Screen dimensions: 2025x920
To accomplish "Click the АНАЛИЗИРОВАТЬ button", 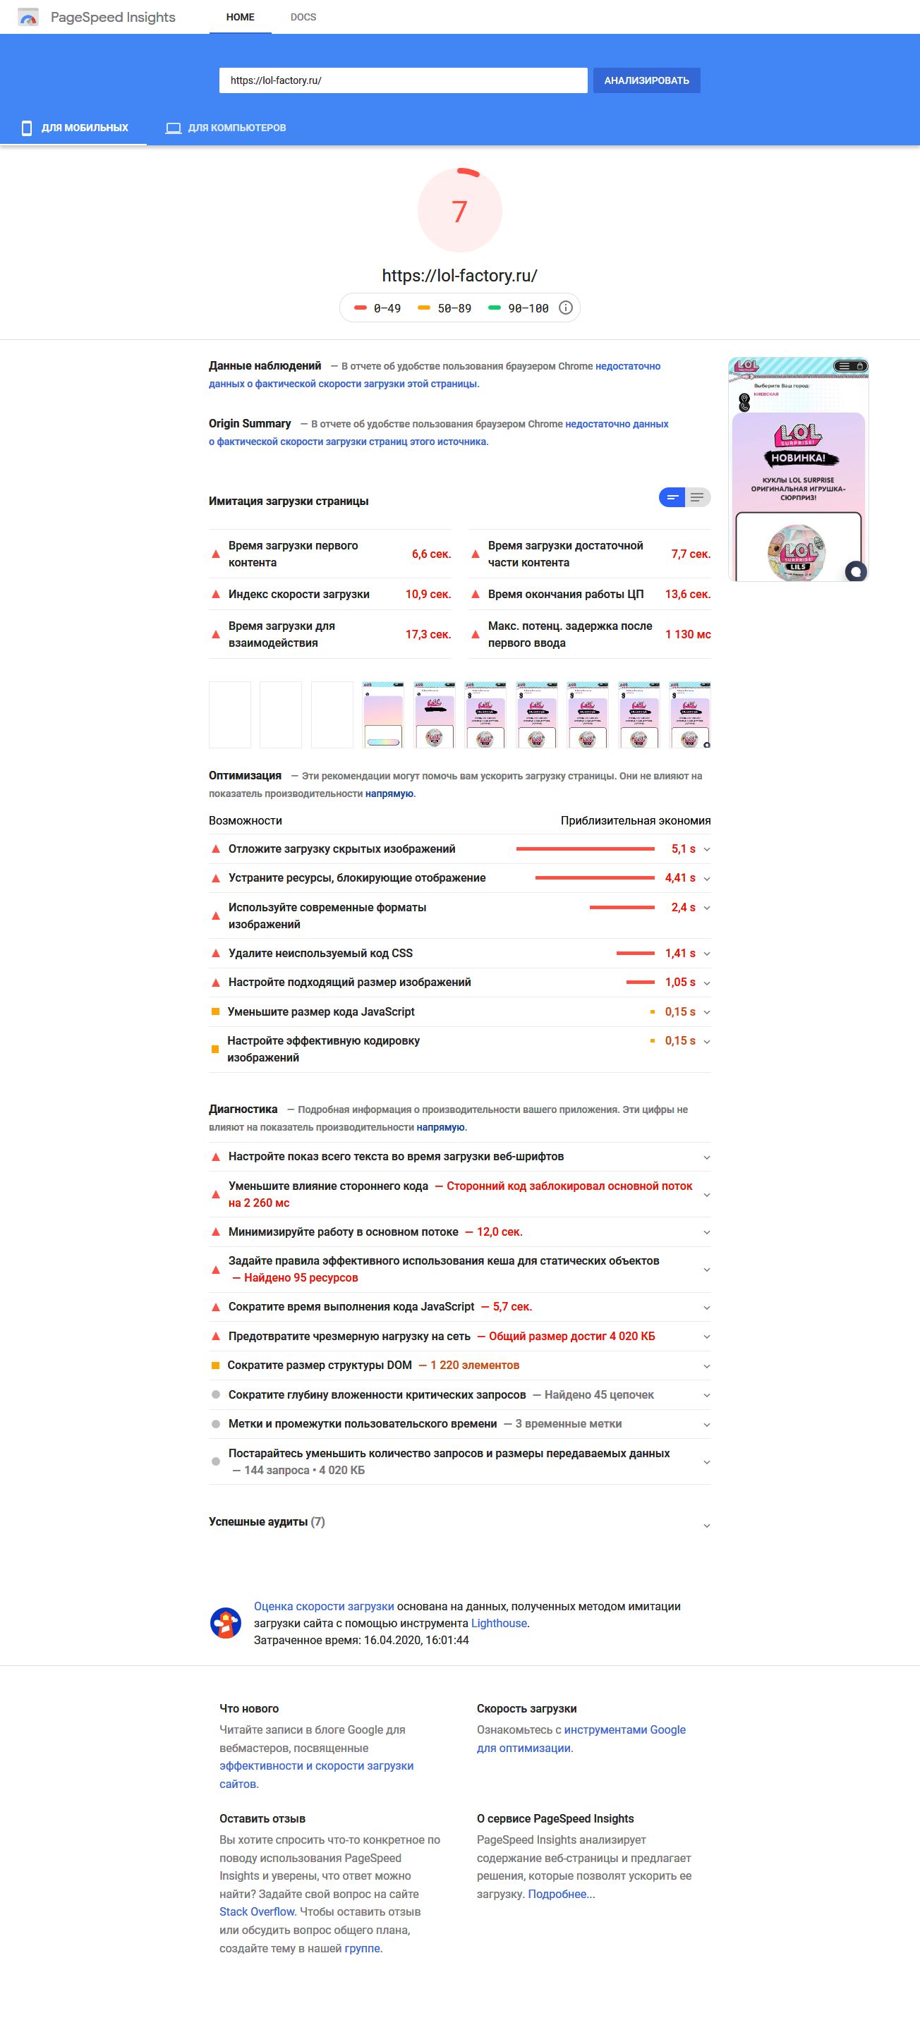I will pyautogui.click(x=646, y=80).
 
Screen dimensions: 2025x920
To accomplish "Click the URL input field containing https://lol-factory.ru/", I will pyautogui.click(x=403, y=80).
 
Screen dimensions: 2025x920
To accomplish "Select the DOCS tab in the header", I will pyautogui.click(x=303, y=16).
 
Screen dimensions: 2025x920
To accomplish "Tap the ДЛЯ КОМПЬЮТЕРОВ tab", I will pyautogui.click(x=226, y=128).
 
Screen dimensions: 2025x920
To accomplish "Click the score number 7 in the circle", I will pyautogui.click(x=459, y=211).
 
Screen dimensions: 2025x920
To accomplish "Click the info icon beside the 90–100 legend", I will pyautogui.click(x=565, y=308).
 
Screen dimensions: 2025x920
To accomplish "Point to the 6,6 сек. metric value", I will pyautogui.click(x=431, y=554).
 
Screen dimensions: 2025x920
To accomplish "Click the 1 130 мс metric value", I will pyautogui.click(x=687, y=634).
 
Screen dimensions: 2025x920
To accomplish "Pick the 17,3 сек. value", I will pyautogui.click(x=428, y=634).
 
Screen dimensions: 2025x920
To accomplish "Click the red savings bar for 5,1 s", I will pyautogui.click(x=585, y=849).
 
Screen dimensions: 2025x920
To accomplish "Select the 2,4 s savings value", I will pyautogui.click(x=682, y=907).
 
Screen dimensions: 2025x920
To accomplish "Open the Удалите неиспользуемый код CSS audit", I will pyautogui.click(x=320, y=953).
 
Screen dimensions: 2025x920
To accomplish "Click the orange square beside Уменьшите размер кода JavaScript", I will pyautogui.click(x=215, y=1011).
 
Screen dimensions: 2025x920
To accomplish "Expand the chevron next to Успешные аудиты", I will pyautogui.click(x=706, y=1526).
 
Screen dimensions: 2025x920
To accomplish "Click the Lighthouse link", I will pyautogui.click(x=500, y=1623).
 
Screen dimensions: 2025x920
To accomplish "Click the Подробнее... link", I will pyautogui.click(x=561, y=1894).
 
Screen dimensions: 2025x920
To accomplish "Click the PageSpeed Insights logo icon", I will pyautogui.click(x=28, y=18).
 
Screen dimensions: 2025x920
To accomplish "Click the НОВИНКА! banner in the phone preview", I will pyautogui.click(x=798, y=458).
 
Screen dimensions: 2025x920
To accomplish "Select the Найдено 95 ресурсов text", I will pyautogui.click(x=301, y=1277).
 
